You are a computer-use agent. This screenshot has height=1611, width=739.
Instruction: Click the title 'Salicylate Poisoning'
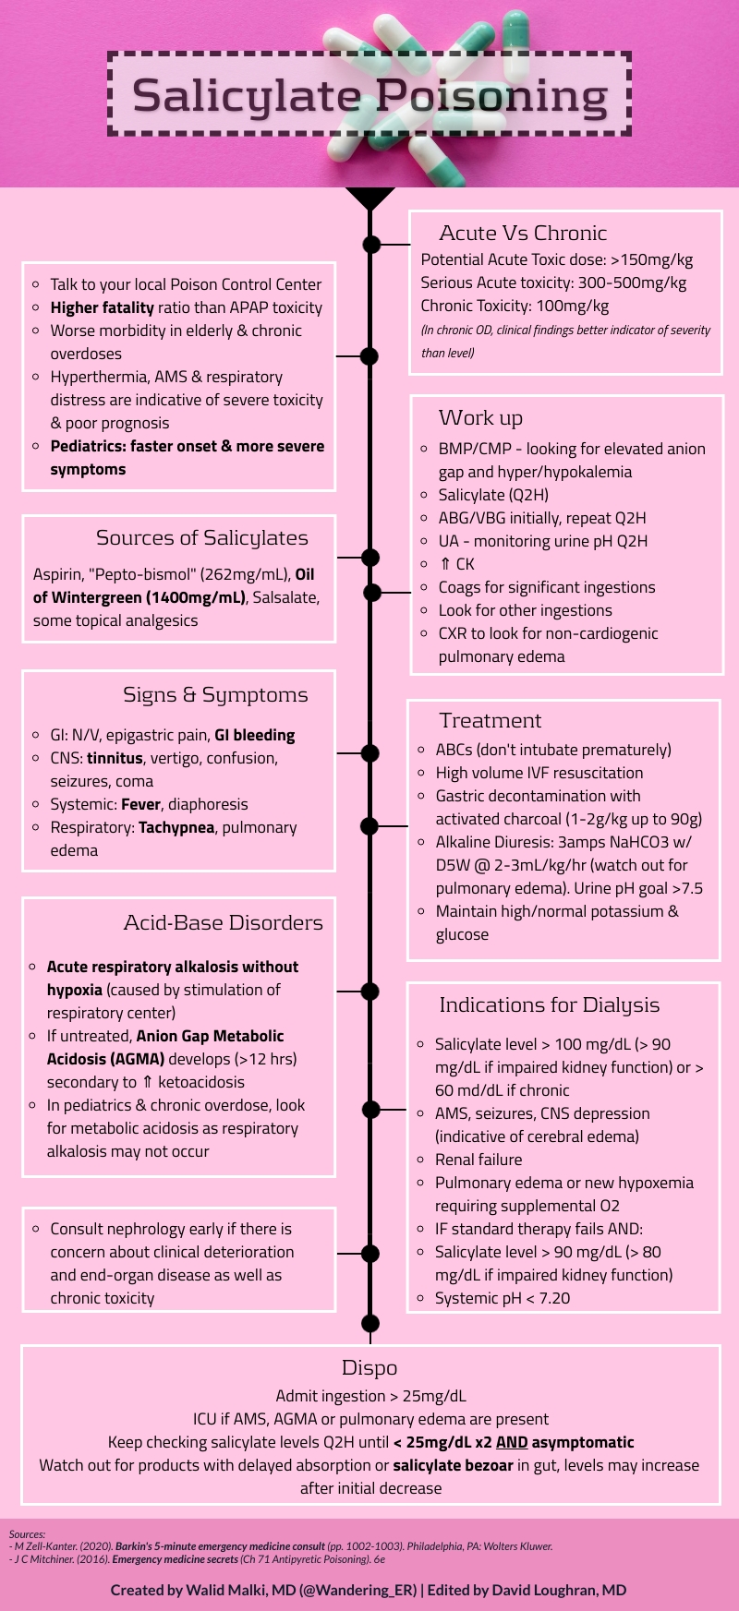point(369,95)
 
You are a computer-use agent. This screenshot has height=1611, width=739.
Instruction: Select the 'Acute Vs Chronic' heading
point(523,233)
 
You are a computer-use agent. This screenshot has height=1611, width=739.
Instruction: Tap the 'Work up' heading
point(480,418)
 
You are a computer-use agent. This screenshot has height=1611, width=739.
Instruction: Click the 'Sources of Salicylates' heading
point(201,538)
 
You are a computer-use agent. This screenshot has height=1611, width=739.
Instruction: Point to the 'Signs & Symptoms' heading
point(215,695)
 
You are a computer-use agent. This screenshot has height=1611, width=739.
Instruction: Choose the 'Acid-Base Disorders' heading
point(223,922)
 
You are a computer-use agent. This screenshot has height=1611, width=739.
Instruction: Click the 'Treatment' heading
point(490,720)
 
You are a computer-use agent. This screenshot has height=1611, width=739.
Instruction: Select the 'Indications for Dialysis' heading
point(549,1004)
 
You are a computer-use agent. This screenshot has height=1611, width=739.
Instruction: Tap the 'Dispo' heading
point(369,1368)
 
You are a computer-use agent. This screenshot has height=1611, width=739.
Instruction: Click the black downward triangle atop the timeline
point(369,198)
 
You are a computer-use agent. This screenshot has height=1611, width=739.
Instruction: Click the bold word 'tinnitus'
point(115,758)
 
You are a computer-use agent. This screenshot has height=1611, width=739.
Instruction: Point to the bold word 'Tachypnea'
point(176,827)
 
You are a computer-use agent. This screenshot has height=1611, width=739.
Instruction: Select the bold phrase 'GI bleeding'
point(254,735)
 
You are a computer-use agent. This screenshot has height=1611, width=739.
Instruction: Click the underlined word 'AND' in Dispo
point(511,1442)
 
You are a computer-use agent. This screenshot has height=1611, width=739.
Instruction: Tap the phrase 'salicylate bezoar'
point(453,1465)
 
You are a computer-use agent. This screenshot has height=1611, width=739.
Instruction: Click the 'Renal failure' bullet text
point(479,1160)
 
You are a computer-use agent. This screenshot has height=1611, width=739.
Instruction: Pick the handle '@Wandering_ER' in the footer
point(357,1590)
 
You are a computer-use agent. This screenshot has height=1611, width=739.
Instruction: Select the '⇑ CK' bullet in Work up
point(457,564)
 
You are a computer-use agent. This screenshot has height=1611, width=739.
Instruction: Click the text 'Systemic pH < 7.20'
point(503,1298)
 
